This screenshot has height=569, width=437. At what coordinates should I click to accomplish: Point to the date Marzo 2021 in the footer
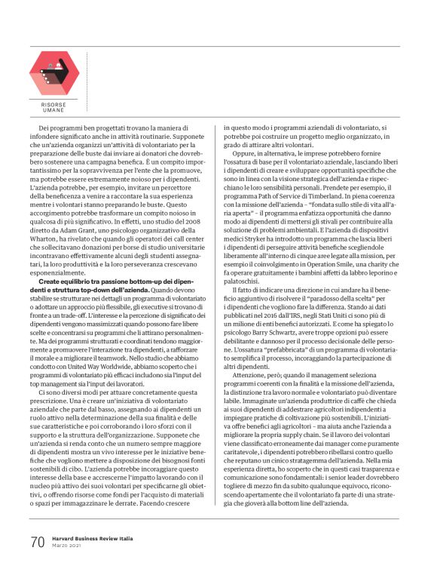tap(69, 546)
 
